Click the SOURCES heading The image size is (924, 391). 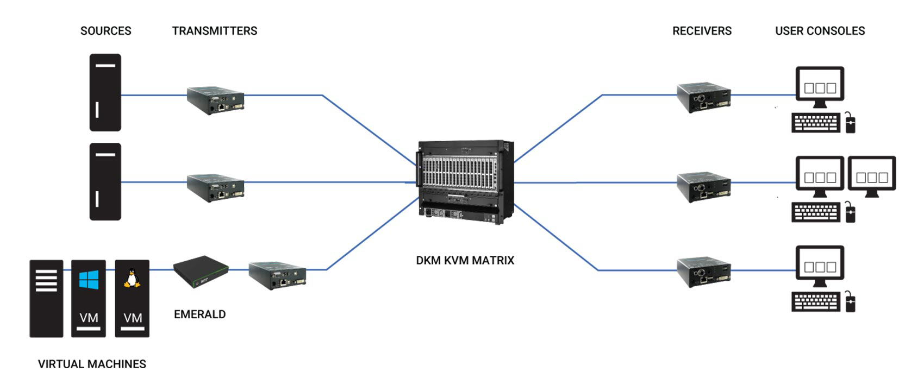point(105,31)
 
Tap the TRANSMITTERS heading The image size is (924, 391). point(215,31)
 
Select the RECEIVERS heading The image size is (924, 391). point(702,31)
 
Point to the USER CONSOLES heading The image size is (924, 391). point(820,31)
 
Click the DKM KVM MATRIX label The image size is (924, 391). point(465,260)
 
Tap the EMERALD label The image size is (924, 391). point(199,314)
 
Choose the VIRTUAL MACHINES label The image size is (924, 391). point(92,364)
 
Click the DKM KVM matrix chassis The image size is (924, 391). point(465,182)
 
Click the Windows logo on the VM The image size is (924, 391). point(89,280)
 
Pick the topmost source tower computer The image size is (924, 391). point(105,92)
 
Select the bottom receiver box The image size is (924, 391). point(703,272)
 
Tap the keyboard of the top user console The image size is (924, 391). point(815,123)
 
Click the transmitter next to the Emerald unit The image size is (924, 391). point(277,275)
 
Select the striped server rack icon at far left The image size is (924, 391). point(46,298)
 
